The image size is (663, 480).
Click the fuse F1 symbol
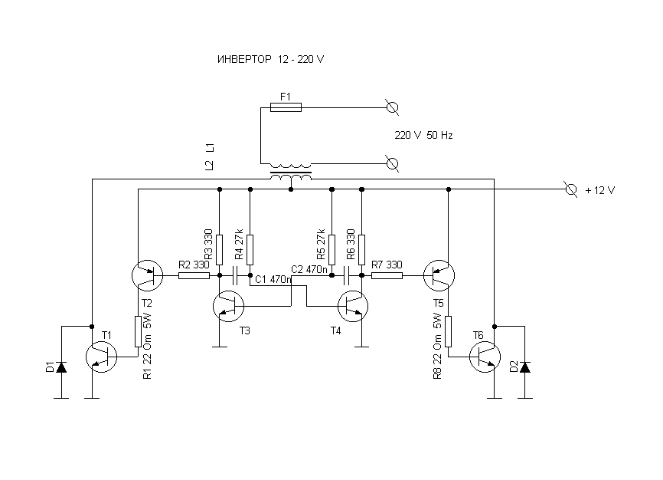pyautogui.click(x=286, y=107)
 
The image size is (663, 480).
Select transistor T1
pyautogui.click(x=102, y=357)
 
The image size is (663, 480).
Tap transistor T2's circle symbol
pyautogui.click(x=147, y=275)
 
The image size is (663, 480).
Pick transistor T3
pyautogui.click(x=228, y=306)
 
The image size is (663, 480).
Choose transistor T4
pyautogui.click(x=353, y=306)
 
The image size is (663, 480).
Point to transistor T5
pyautogui.click(x=439, y=275)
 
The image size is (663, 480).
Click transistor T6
pyautogui.click(x=485, y=357)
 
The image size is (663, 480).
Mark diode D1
pyautogui.click(x=62, y=367)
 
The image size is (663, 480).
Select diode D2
pyautogui.click(x=525, y=367)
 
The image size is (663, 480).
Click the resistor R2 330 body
pyautogui.click(x=194, y=275)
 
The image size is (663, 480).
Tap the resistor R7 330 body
pyautogui.click(x=387, y=275)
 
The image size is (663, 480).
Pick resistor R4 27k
pyautogui.click(x=250, y=250)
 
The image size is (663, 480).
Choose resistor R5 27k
pyautogui.click(x=332, y=250)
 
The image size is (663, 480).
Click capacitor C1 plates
pyautogui.click(x=236, y=275)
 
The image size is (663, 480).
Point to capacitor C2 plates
pyautogui.click(x=347, y=275)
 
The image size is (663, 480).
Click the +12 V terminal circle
pyautogui.click(x=571, y=189)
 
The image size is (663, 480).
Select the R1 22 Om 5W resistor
pyautogui.click(x=138, y=332)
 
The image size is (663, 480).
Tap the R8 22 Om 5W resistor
pyautogui.click(x=448, y=332)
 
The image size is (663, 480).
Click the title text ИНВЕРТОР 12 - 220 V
pyautogui.click(x=270, y=59)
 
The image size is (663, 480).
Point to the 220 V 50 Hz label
pyautogui.click(x=423, y=135)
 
